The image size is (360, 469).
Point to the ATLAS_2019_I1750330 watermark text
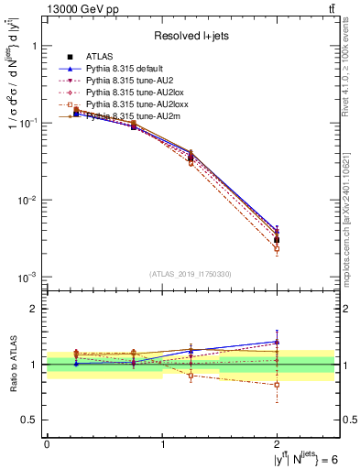(x=191, y=274)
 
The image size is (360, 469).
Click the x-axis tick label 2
(x=277, y=444)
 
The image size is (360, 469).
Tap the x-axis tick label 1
(x=162, y=444)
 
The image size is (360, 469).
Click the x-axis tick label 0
(x=47, y=444)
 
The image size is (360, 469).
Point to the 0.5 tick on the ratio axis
(x=30, y=420)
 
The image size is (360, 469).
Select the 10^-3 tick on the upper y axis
(x=27, y=277)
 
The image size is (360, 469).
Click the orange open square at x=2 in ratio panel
(x=277, y=385)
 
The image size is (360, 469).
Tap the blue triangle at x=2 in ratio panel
(x=277, y=342)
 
